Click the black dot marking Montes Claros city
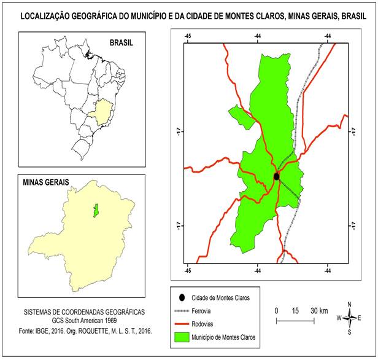276,176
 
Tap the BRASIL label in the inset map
121,44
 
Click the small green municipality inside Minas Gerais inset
96,211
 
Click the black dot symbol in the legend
181,297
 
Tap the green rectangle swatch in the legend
181,337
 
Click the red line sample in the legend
181,324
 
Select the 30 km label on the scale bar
318,310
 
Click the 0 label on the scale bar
277,310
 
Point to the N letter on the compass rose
349,304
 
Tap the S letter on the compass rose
349,332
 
